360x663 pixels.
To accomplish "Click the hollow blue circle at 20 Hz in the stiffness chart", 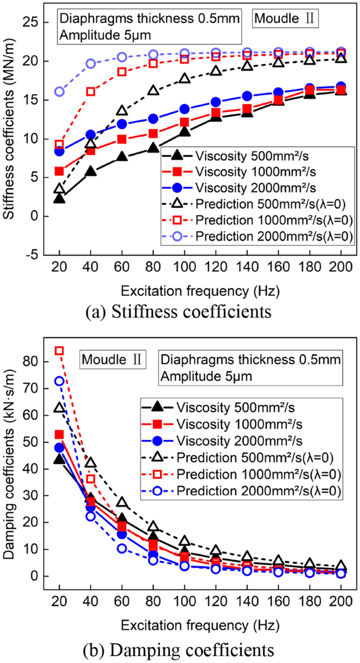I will point(59,91).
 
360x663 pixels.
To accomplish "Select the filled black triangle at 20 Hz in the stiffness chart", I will point(59,198).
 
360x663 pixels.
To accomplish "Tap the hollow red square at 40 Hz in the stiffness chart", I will point(90,91).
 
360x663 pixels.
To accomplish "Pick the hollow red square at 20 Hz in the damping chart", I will point(59,351).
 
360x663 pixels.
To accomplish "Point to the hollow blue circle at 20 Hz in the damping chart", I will point(59,381).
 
